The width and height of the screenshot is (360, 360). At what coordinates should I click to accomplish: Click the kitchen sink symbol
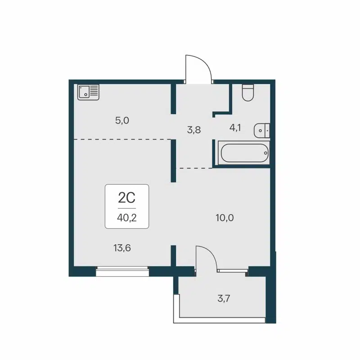tap(88, 92)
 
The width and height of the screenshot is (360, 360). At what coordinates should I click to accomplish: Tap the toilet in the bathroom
tap(248, 93)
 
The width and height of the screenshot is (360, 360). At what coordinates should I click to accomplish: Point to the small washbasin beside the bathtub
tap(261, 130)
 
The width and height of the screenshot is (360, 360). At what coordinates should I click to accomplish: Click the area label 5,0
tap(122, 120)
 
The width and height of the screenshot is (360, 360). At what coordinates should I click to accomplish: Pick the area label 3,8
tap(194, 130)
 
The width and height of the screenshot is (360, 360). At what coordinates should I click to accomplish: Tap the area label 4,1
tap(235, 128)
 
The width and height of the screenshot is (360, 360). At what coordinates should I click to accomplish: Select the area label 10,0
tap(225, 218)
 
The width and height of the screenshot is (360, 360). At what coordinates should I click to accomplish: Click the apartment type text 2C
tap(127, 198)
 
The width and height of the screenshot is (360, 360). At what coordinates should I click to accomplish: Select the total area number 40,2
tap(127, 217)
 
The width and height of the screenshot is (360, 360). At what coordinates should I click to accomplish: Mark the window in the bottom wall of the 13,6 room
tap(122, 270)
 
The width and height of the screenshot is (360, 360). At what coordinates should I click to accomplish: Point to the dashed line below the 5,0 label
tap(121, 139)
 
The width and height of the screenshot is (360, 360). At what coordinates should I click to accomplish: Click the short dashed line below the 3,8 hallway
tap(193, 168)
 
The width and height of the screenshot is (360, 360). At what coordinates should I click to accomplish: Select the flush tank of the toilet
tap(248, 87)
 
